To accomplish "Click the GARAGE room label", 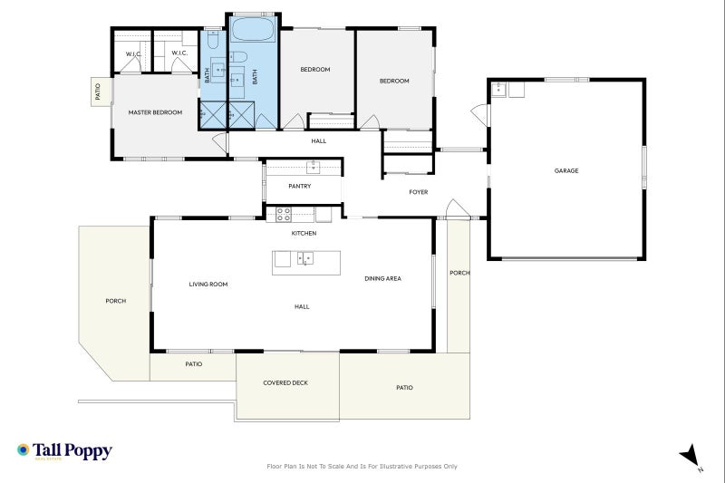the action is click(x=565, y=170).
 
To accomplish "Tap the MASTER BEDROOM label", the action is click(x=155, y=112).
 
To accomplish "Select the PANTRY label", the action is click(x=300, y=186).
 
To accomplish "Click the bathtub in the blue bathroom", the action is click(x=253, y=29).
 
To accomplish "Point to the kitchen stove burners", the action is click(x=284, y=215).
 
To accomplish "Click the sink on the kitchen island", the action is click(x=304, y=258).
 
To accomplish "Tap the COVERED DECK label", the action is click(x=285, y=382).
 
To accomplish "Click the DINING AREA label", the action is click(x=382, y=278).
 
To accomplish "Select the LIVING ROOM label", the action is click(x=208, y=285).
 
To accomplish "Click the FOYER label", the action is click(x=419, y=192).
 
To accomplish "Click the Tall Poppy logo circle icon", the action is click(x=23, y=449).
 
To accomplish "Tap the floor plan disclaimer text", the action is click(x=362, y=467).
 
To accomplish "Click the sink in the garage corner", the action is click(x=498, y=89).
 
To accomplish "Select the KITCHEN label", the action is click(x=304, y=234).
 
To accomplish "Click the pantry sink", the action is click(x=313, y=167).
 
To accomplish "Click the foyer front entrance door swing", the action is click(x=458, y=208).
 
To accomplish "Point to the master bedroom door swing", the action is click(x=220, y=143).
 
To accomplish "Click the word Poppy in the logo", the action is click(x=88, y=450).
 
